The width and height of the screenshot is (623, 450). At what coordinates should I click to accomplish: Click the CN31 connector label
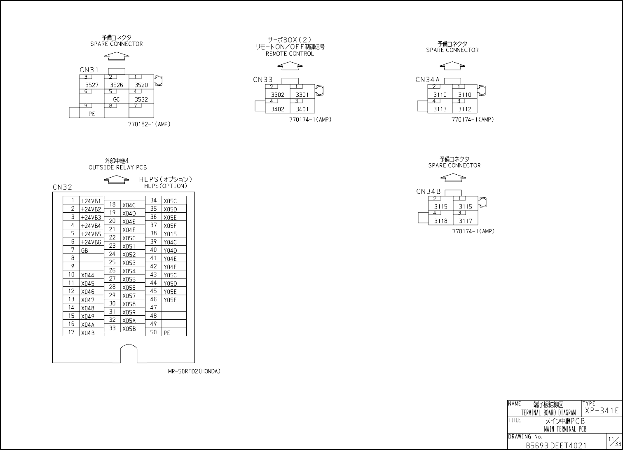coord(89,70)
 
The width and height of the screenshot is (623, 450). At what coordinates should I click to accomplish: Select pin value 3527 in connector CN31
coord(92,85)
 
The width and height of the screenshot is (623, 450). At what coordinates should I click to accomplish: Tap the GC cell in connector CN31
coord(117,99)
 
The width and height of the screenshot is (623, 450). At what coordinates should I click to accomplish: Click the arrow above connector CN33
coord(290,66)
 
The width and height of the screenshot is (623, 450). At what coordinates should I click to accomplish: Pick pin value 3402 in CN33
coord(278,109)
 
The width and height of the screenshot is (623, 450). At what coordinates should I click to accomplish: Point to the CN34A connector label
coord(428,80)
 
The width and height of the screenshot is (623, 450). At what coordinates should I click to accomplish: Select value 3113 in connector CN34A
coord(440,109)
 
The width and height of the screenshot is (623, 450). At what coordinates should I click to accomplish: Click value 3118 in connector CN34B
coord(441,221)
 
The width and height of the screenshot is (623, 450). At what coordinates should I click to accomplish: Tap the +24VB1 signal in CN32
coord(91,201)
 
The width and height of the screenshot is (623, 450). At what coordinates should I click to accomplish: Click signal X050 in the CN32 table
coord(129,238)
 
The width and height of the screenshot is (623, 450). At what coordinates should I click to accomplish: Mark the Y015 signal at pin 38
coord(170,234)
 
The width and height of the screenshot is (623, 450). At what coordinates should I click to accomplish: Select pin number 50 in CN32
coord(153,332)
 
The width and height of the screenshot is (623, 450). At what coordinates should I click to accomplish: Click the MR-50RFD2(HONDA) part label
coord(194,371)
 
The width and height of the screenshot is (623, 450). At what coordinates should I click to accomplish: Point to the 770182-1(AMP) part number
coord(149,124)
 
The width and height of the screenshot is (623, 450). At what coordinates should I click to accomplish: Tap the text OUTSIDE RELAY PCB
coord(117,168)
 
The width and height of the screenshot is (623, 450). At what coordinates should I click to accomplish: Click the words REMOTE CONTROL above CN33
coord(290,54)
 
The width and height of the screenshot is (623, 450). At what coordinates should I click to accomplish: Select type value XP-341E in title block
coord(602,410)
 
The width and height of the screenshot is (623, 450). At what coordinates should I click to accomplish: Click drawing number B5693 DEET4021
coord(556,445)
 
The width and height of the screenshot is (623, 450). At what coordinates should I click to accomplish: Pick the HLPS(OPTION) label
coord(166,186)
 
